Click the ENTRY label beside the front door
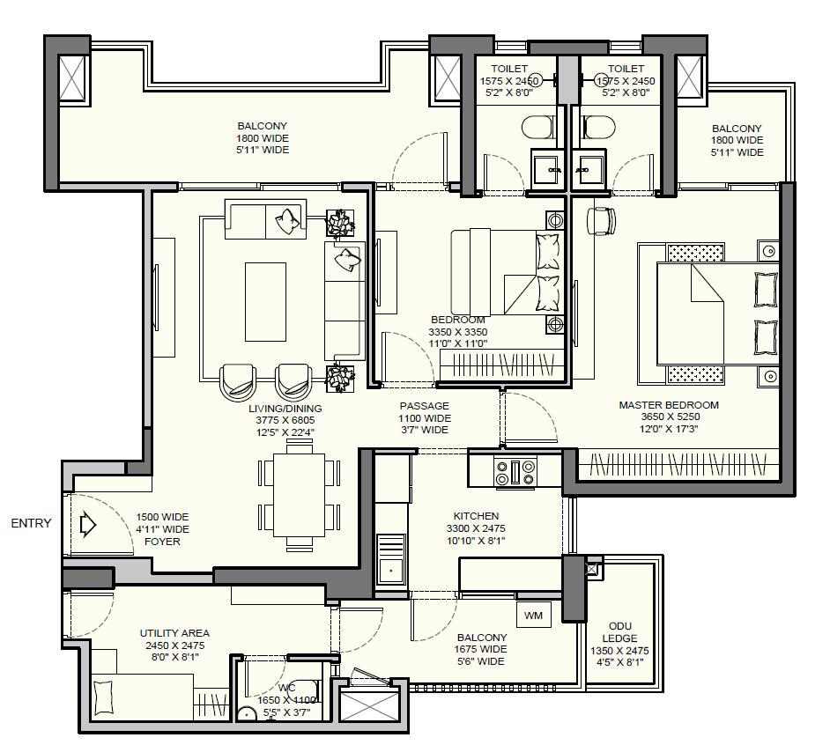(x=31, y=523)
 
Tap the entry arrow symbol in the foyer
(x=87, y=526)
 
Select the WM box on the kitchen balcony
(x=533, y=616)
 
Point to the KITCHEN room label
(x=476, y=516)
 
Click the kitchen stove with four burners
(x=516, y=471)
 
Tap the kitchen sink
(x=390, y=571)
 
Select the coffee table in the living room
(x=265, y=301)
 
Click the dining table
(x=299, y=493)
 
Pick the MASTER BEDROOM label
(x=668, y=405)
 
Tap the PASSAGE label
(x=424, y=406)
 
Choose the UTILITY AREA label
(x=174, y=633)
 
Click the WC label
(x=287, y=689)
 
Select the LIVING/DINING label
(x=285, y=409)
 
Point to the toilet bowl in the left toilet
(x=535, y=129)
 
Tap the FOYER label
(x=162, y=542)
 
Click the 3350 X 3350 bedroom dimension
(x=457, y=332)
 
